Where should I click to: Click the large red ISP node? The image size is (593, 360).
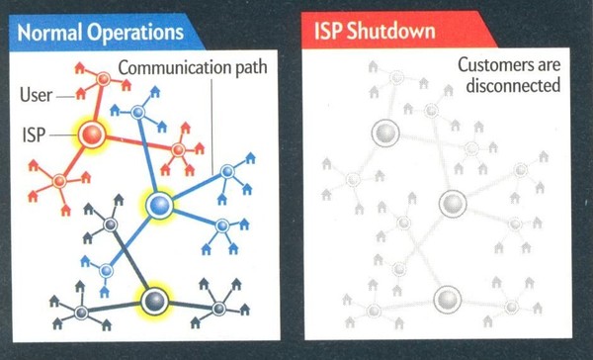click(x=92, y=135)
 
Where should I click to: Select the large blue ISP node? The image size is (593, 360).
click(x=159, y=205)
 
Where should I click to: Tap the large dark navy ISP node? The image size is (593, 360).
click(x=155, y=301)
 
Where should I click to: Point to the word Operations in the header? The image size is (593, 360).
click(x=135, y=33)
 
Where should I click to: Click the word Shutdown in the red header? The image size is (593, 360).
click(x=391, y=31)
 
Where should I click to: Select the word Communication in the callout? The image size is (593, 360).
click(x=175, y=68)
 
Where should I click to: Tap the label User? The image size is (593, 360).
click(x=36, y=95)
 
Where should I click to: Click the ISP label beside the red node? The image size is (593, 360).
click(x=34, y=135)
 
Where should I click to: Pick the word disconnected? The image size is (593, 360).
click(x=513, y=85)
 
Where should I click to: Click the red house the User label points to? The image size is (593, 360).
click(x=80, y=94)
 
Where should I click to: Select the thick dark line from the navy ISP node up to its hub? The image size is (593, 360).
click(x=130, y=260)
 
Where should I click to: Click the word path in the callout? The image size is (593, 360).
click(x=251, y=68)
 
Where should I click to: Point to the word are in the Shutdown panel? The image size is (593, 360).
click(x=549, y=65)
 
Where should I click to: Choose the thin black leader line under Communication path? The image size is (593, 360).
click(x=212, y=126)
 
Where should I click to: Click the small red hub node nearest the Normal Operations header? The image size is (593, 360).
click(x=103, y=79)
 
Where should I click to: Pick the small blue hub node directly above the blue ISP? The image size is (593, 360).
click(x=138, y=112)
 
